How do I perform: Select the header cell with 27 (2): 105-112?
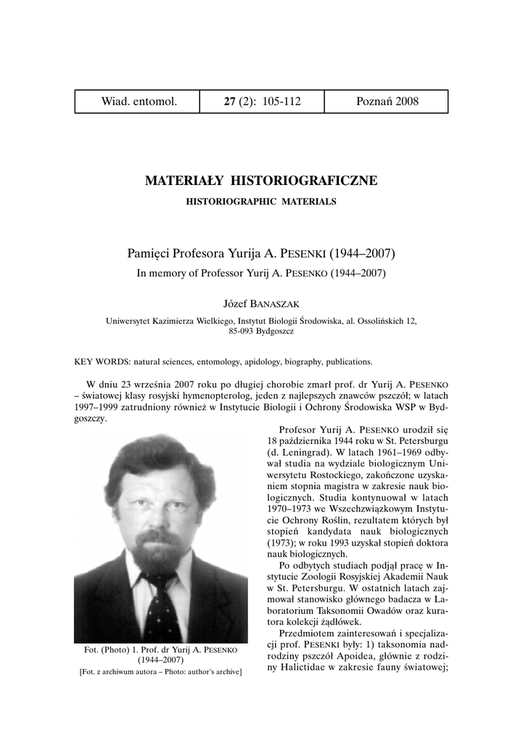tap(262, 102)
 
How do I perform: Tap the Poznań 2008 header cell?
tap(387, 102)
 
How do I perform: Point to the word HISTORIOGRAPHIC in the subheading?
tap(227, 201)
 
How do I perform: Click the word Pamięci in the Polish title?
tap(149, 255)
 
